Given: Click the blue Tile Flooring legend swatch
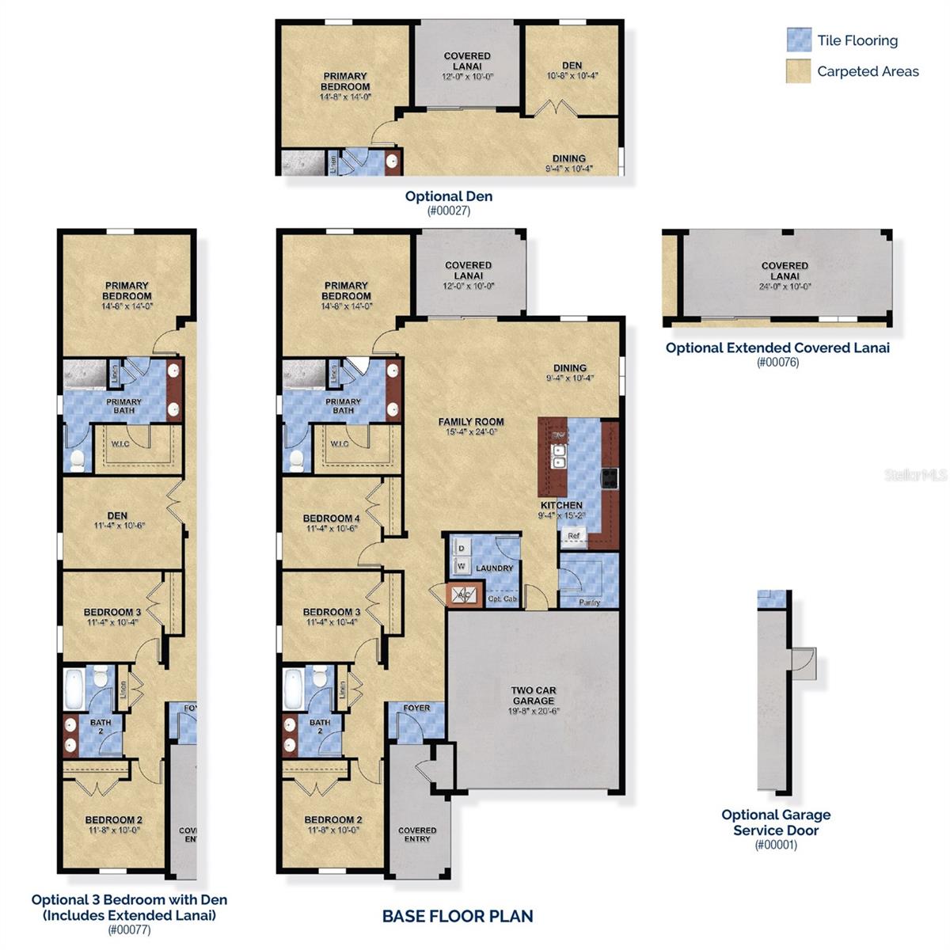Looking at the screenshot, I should tap(799, 40).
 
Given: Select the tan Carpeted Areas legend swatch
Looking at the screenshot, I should tap(799, 71).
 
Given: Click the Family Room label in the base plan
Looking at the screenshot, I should tap(471, 422).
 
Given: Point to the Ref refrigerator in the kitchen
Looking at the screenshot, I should tap(574, 536).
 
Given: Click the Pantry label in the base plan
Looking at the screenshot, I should tap(589, 602).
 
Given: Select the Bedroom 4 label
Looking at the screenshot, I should tap(331, 519).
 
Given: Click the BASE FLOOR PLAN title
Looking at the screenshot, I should tap(458, 916).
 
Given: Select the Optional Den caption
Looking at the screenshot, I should tap(448, 196).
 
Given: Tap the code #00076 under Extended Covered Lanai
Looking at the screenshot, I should tap(777, 363).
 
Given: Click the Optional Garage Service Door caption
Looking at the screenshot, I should tap(776, 823).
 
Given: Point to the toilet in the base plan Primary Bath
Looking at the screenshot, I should tap(297, 459).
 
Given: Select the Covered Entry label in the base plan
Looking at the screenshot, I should tap(417, 834).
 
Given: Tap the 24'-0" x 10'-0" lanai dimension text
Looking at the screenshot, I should tap(785, 287).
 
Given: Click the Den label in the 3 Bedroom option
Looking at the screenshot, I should tap(117, 515).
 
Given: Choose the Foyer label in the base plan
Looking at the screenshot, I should tap(416, 708).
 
